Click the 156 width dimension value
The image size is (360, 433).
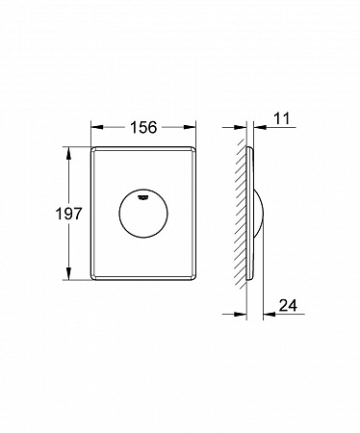coord(143,127)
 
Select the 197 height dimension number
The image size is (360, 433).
coord(69,214)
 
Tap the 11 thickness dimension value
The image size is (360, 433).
coord(282,118)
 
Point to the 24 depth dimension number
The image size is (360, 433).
coord(288,305)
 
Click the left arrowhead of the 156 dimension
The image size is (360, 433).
coord(97,127)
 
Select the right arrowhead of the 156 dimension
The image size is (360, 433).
coord(190,127)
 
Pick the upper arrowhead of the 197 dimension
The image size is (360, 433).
coord(68,153)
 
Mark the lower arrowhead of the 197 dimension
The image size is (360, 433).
coord(68,273)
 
